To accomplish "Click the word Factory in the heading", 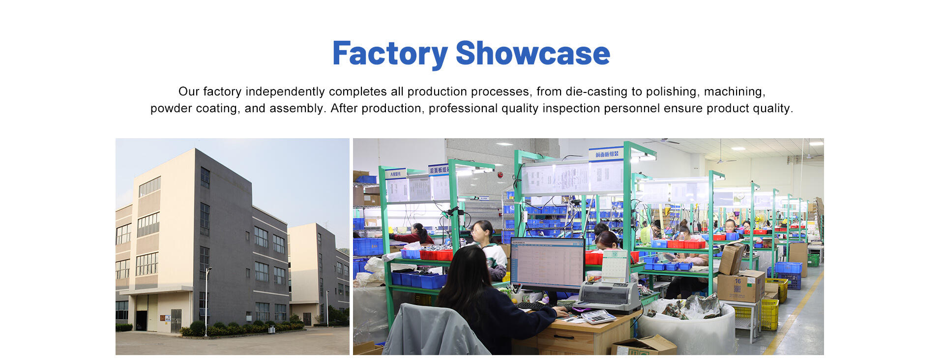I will [x=389, y=54].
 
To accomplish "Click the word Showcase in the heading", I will [x=532, y=54].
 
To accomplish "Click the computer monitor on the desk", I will [x=547, y=264].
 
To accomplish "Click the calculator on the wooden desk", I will [x=598, y=317].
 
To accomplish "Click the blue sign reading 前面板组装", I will [x=606, y=154].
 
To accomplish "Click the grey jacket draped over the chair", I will [x=433, y=332].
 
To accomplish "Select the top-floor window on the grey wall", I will [x=205, y=178].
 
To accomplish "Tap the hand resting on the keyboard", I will [x=560, y=311].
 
